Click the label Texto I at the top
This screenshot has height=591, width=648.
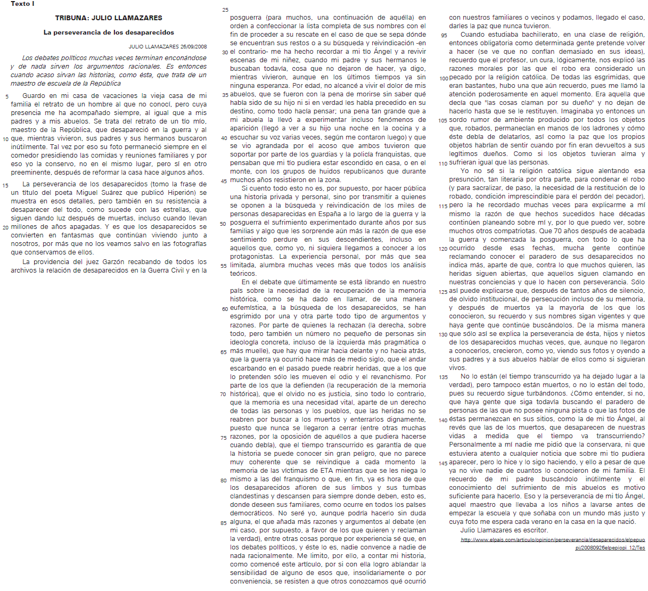point(22,4)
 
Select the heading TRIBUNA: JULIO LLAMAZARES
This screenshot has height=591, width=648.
point(109,18)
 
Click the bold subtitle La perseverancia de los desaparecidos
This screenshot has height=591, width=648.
point(109,32)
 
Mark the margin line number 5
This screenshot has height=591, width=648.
point(7,96)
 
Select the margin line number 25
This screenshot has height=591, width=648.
point(225,10)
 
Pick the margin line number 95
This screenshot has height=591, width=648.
point(444,35)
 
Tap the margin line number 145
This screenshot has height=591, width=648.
point(443,463)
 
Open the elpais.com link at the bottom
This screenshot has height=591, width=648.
point(552,540)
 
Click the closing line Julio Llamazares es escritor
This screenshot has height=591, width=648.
point(504,530)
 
